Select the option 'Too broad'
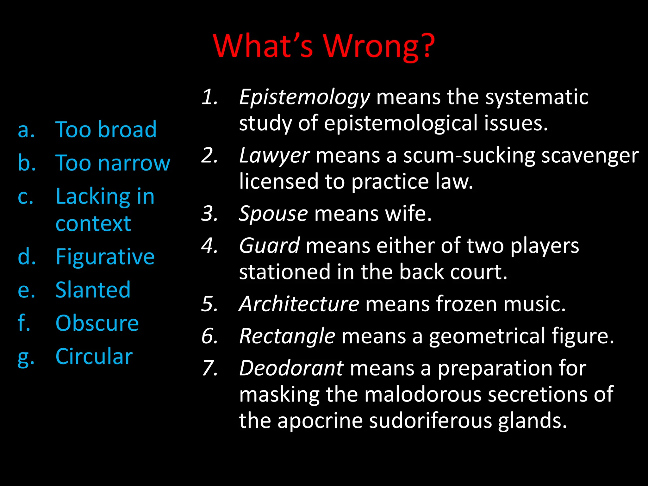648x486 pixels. pos(106,129)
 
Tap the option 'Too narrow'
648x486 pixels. pos(113,163)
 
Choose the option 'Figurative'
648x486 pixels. pos(105,257)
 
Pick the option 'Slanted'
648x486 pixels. pos(93,290)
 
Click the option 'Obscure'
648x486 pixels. pos(97,323)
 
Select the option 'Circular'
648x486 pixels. pos(94,357)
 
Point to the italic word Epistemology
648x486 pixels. pos(304,97)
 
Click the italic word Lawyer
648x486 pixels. pos(274,156)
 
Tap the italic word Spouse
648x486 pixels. pos(273,214)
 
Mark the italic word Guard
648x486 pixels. pos(269,246)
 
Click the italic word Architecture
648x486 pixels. pos(299,304)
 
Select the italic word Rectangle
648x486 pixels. pos(287,336)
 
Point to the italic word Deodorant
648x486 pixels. pos(291,368)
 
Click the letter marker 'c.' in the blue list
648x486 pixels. pos(25,197)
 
